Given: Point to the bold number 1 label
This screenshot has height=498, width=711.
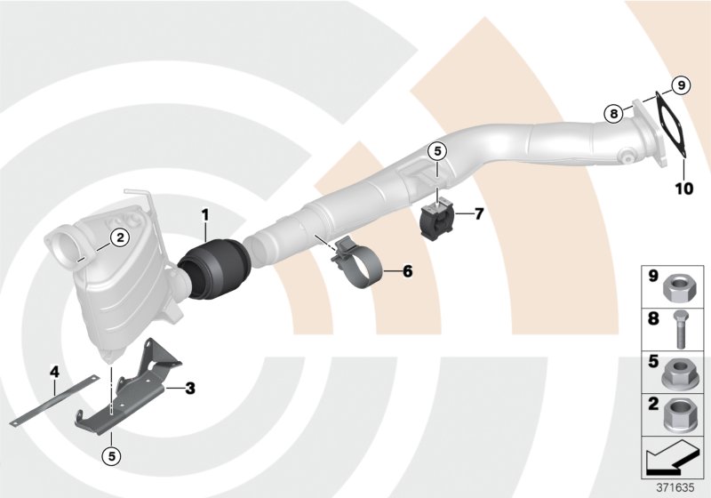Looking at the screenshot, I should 204,214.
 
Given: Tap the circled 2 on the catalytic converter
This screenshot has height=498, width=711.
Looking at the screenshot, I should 118,237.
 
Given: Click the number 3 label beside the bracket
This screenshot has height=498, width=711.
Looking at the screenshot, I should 189,388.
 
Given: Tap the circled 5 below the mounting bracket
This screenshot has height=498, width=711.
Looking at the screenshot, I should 112,457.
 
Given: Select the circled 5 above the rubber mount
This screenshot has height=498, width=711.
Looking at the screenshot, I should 436,152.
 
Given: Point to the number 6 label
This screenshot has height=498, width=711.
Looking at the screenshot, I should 408,270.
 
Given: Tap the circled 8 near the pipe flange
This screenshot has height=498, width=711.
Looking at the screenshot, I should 612,113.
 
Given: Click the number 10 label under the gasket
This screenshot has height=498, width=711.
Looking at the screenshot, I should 682,189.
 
